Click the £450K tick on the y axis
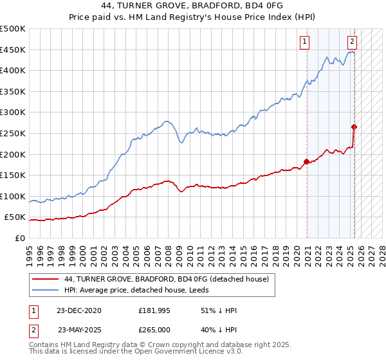[x=13, y=50]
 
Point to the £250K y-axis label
[x=13, y=133]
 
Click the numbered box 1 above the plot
[x=304, y=42]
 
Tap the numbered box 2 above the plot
[x=353, y=42]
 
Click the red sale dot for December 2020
[x=306, y=161]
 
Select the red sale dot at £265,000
[x=354, y=127]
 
